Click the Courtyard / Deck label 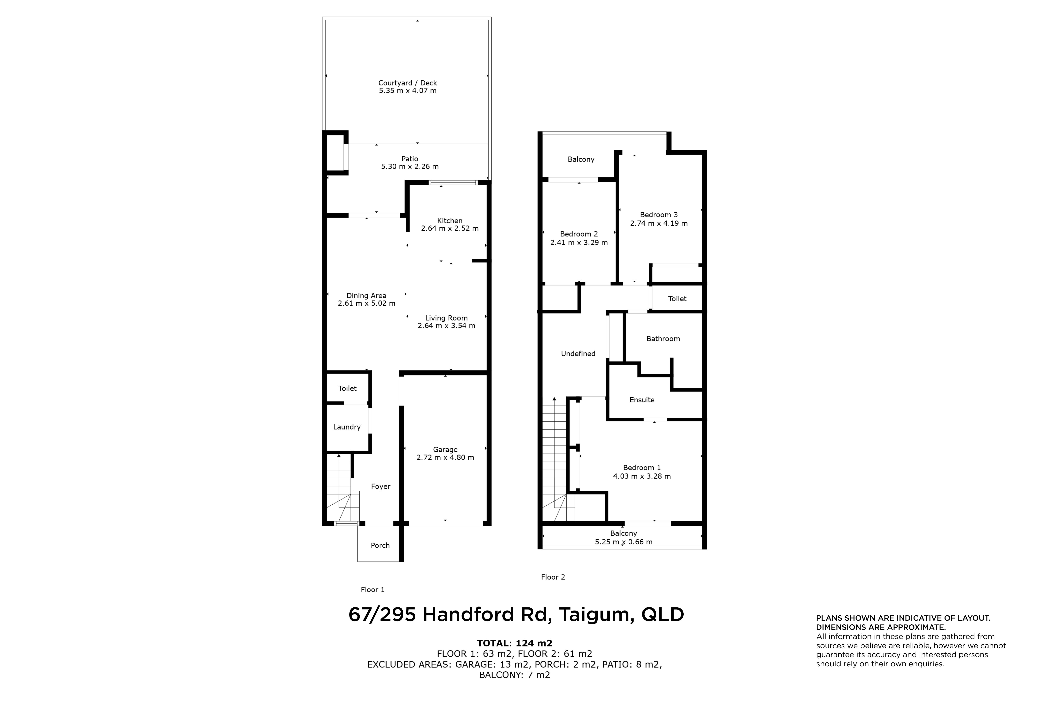point(407,83)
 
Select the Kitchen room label point(450,221)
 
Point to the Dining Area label point(366,296)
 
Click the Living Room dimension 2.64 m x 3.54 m point(446,326)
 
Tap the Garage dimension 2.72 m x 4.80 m point(445,458)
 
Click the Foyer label point(381,486)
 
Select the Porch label point(380,546)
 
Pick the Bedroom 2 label point(579,234)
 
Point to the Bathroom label point(663,339)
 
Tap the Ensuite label point(642,400)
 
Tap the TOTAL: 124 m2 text point(514,644)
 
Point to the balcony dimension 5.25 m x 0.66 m point(624,542)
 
